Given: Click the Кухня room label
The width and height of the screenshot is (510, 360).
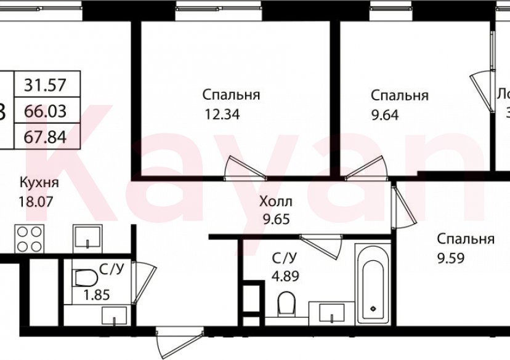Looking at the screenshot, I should click(39, 183).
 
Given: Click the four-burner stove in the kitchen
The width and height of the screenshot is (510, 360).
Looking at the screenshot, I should click(28, 238).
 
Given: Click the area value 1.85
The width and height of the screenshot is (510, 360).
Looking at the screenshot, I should click(96, 295).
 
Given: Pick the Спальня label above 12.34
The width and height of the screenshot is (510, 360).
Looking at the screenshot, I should click(231, 95).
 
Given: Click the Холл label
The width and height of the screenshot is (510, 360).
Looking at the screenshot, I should click(276, 201).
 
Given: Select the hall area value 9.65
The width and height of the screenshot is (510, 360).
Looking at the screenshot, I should click(275, 218).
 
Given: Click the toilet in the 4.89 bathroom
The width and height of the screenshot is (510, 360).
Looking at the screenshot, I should click(286, 303).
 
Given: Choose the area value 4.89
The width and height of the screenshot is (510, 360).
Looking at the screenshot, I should click(285, 276).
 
